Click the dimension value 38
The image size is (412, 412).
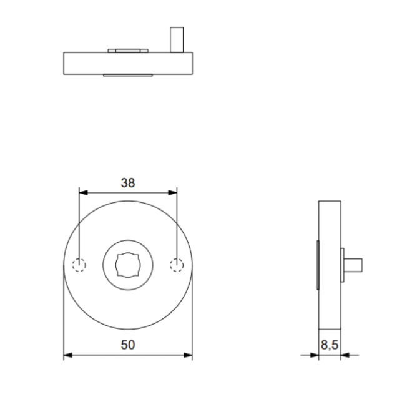tap(128, 183)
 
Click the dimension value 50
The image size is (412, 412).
tap(128, 345)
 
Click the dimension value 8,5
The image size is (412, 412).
tap(330, 345)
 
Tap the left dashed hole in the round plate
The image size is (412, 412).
tap(79, 265)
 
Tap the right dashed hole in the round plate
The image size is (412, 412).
tap(177, 265)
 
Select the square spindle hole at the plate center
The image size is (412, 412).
tap(128, 265)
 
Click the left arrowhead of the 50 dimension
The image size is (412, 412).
tap(67, 355)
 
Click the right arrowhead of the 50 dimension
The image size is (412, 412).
tap(189, 355)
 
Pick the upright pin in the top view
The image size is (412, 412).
tap(177, 40)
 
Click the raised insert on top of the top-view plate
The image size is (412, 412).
tap(128, 50)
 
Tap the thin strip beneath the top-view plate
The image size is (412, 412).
tap(128, 75)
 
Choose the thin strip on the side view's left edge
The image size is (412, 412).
tap(317, 265)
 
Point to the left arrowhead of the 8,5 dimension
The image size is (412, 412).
tap(315, 355)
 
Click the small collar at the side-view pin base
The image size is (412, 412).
tap(343, 265)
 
